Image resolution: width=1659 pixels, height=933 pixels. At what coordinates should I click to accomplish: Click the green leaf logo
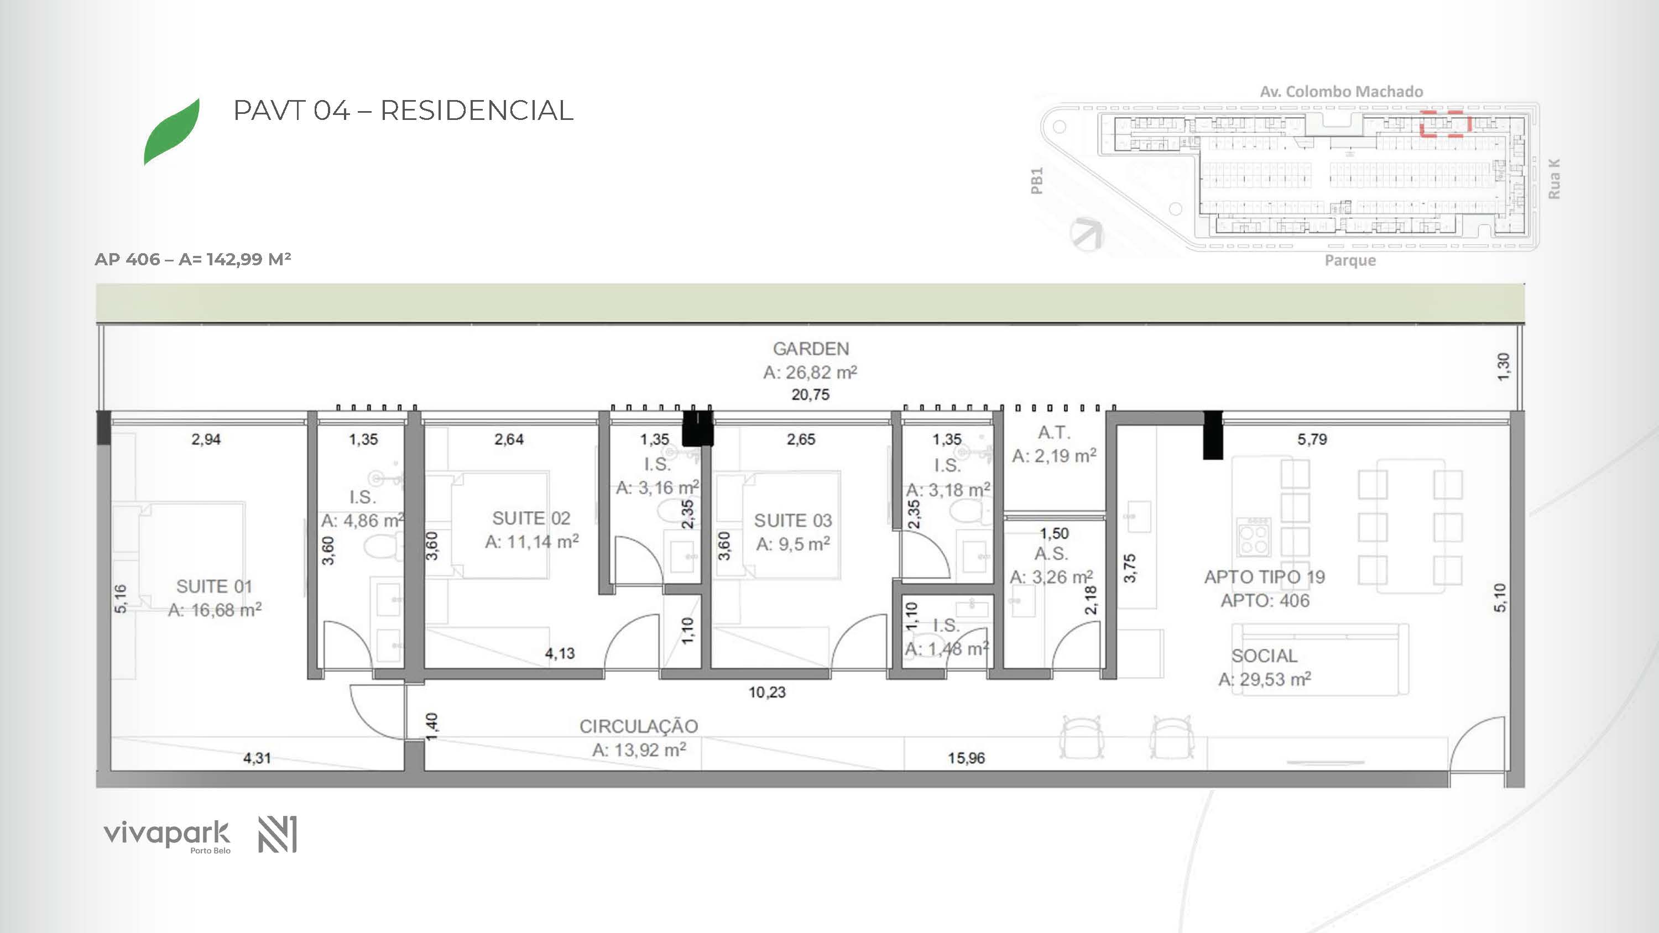(171, 132)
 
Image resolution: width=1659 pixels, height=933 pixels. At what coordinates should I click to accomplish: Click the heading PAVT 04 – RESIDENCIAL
(403, 110)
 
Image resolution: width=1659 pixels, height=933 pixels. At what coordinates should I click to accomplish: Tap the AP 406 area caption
(192, 259)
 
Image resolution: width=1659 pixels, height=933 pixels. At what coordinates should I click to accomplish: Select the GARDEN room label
(811, 349)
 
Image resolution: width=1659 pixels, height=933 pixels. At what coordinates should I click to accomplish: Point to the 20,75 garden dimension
(810, 395)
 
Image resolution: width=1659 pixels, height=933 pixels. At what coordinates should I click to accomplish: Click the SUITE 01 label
(214, 586)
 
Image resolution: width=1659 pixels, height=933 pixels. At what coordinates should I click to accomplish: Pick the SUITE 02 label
(531, 518)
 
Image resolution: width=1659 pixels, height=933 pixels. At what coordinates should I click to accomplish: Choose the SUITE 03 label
(793, 520)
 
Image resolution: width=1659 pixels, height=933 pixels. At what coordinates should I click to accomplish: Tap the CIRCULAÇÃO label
(639, 726)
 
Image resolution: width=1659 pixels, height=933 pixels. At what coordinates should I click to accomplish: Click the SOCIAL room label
(1264, 656)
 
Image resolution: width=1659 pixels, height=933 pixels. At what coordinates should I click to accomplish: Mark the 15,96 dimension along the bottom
(966, 758)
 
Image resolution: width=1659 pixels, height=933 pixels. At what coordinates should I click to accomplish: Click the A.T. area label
(1054, 433)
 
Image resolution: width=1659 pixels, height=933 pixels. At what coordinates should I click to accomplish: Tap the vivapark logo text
(166, 834)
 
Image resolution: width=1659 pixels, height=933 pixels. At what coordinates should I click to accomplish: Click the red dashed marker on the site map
(1446, 124)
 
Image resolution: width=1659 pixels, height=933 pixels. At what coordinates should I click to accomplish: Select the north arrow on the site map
(1087, 234)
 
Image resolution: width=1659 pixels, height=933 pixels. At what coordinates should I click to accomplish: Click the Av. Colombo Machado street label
(1342, 91)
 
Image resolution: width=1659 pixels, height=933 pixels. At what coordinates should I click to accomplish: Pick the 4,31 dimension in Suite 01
(257, 758)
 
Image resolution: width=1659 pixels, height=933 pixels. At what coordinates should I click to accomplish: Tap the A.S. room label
(1051, 554)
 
